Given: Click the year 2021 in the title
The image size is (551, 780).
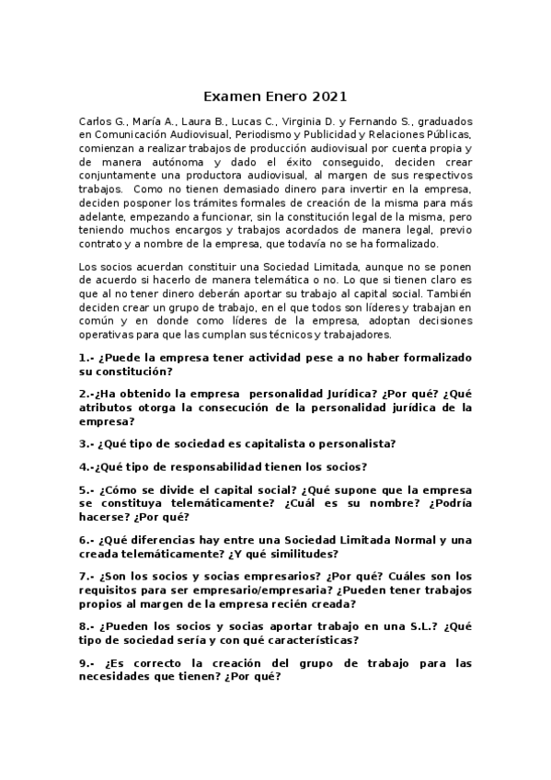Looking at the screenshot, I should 330,96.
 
